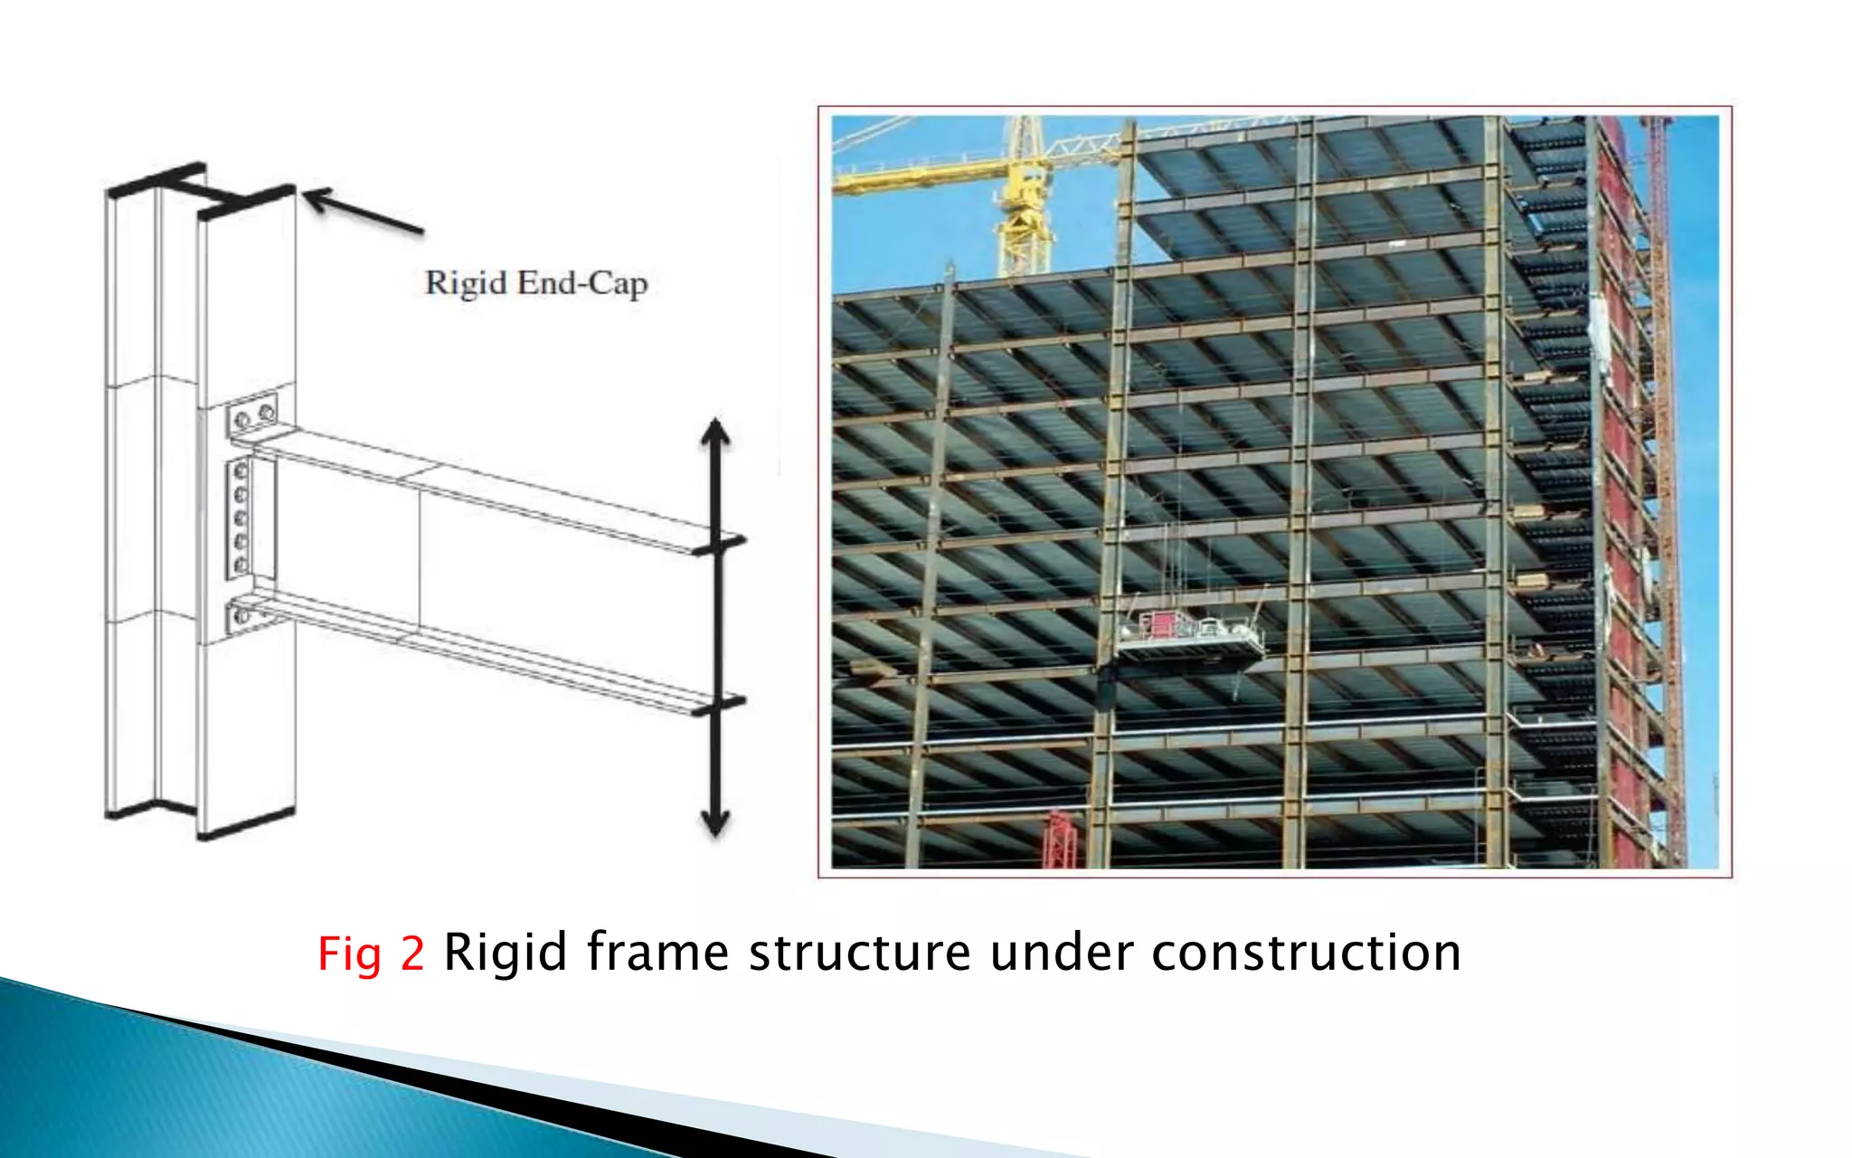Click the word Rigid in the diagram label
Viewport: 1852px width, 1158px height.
tap(465, 283)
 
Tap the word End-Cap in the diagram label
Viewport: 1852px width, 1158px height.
tap(582, 283)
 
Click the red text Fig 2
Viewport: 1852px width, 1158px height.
tap(371, 954)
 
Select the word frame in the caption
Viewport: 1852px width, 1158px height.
tap(657, 954)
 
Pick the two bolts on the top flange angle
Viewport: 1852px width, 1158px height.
tap(254, 417)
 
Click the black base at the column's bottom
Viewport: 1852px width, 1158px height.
tap(199, 820)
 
